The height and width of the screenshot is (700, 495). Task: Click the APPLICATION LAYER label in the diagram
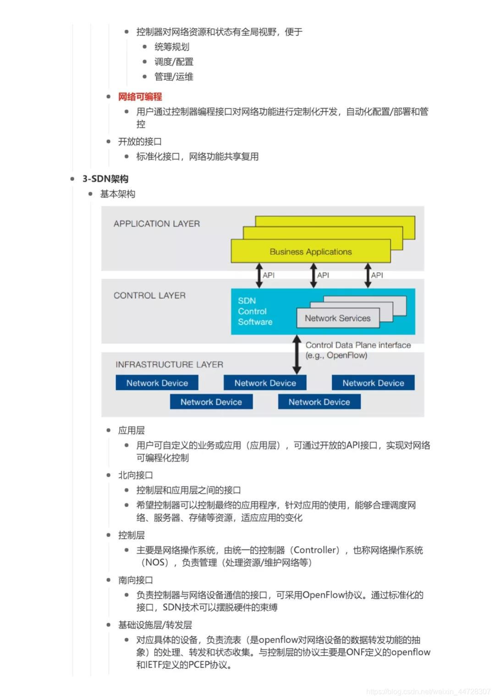pyautogui.click(x=157, y=224)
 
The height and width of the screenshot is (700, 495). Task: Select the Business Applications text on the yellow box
pyautogui.click(x=311, y=252)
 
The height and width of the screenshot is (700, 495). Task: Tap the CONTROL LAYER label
pyautogui.click(x=149, y=295)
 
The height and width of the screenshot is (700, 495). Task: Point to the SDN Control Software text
pyautogui.click(x=255, y=312)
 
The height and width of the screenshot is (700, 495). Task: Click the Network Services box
pyautogui.click(x=338, y=318)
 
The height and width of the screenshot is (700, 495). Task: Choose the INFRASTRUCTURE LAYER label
pyautogui.click(x=169, y=365)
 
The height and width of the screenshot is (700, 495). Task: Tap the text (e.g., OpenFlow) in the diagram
pyautogui.click(x=336, y=355)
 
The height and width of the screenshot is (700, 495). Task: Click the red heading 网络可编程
pyautogui.click(x=140, y=97)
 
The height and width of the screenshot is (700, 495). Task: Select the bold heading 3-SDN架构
pyautogui.click(x=105, y=179)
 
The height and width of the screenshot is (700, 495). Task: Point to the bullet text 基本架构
pyautogui.click(x=117, y=194)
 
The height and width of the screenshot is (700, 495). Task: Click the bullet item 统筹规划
pyautogui.click(x=171, y=47)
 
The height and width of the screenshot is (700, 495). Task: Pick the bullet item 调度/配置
pyautogui.click(x=174, y=62)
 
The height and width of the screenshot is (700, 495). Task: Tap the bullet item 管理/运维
pyautogui.click(x=174, y=77)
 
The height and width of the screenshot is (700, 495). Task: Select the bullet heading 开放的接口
pyautogui.click(x=140, y=142)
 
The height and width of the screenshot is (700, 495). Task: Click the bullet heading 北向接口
pyautogui.click(x=135, y=475)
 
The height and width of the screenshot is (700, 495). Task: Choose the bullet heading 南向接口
pyautogui.click(x=135, y=580)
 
